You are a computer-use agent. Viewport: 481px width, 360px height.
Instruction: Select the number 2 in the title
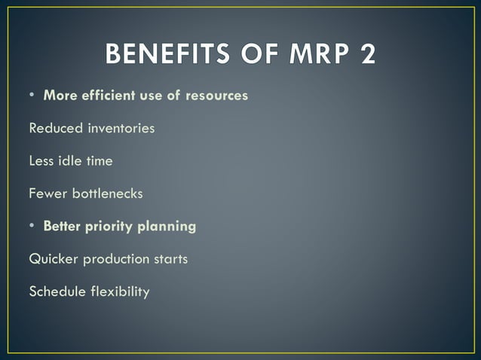pos(366,54)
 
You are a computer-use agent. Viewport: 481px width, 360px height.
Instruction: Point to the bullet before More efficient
pos(33,96)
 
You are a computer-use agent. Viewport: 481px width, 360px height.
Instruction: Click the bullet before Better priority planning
pos(33,226)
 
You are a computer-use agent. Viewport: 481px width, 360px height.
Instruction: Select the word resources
pos(215,96)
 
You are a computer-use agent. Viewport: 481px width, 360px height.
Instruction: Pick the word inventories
pos(118,128)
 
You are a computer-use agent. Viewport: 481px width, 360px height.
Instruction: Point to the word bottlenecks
pos(106,194)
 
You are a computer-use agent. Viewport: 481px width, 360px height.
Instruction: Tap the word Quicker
pos(54,259)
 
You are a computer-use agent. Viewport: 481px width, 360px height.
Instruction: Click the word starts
pos(170,259)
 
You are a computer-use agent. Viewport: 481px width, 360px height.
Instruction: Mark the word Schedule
pos(57,291)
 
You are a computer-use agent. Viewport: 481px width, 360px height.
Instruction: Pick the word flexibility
pos(120,291)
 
